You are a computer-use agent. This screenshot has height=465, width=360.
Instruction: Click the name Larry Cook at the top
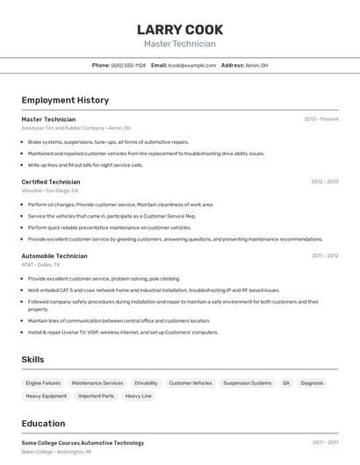[180, 30]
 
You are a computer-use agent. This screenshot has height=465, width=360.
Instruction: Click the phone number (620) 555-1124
[128, 66]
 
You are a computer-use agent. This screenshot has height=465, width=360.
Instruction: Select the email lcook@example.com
[192, 66]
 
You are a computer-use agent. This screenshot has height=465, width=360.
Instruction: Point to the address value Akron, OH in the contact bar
[256, 66]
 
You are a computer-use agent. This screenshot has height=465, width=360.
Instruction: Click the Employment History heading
[65, 100]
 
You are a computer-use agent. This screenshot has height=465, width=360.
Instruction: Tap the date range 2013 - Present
[321, 118]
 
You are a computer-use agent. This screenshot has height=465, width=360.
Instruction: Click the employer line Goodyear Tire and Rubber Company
[76, 128]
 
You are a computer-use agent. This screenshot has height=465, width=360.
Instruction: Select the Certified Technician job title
[51, 182]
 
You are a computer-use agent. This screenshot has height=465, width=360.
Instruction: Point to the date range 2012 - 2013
[324, 182]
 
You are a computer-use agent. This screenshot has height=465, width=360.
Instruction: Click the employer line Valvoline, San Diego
[50, 190]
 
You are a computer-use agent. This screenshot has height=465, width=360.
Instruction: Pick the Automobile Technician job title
[54, 255]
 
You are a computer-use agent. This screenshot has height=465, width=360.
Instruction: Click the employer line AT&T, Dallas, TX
[40, 264]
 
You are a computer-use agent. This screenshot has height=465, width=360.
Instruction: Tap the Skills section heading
[33, 360]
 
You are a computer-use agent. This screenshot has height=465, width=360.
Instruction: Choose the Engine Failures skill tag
[43, 383]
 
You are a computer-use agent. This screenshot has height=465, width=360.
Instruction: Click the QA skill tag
[286, 383]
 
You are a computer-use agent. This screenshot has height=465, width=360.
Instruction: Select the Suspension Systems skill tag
[248, 383]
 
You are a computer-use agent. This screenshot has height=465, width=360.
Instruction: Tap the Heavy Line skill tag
[139, 397]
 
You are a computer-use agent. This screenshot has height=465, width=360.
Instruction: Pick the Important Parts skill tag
[96, 397]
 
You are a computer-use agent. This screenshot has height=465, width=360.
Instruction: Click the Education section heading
[43, 423]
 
